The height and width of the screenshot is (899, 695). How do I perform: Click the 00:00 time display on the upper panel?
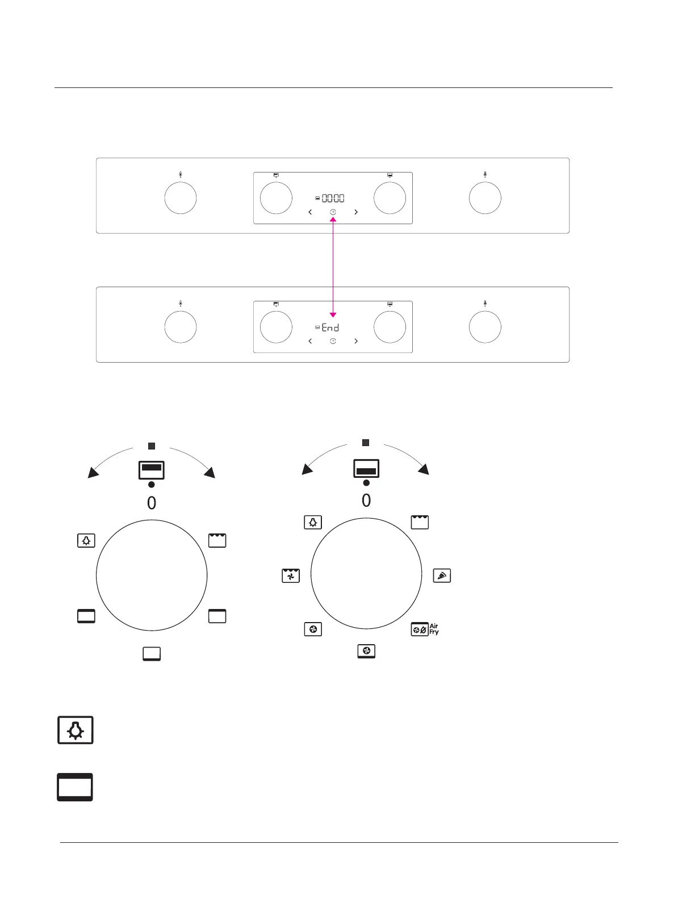pyautogui.click(x=333, y=199)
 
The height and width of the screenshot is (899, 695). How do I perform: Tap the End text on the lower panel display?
pyautogui.click(x=330, y=327)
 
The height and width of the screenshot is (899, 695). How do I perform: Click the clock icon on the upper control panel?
pyautogui.click(x=333, y=212)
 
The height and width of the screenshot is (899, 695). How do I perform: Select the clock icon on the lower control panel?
pyautogui.click(x=333, y=341)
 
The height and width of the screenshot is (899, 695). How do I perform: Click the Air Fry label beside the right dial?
pyautogui.click(x=434, y=629)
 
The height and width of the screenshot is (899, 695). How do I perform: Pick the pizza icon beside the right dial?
pyautogui.click(x=442, y=576)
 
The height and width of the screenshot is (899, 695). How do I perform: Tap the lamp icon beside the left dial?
pyautogui.click(x=86, y=541)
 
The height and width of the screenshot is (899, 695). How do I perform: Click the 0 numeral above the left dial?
pyautogui.click(x=152, y=503)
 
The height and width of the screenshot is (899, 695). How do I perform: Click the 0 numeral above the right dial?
pyautogui.click(x=366, y=501)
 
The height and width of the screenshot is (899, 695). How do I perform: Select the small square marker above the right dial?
pyautogui.click(x=366, y=443)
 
